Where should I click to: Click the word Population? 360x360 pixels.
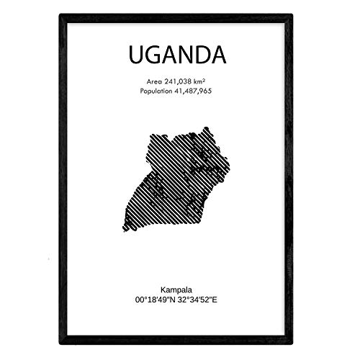coord(148,91)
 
